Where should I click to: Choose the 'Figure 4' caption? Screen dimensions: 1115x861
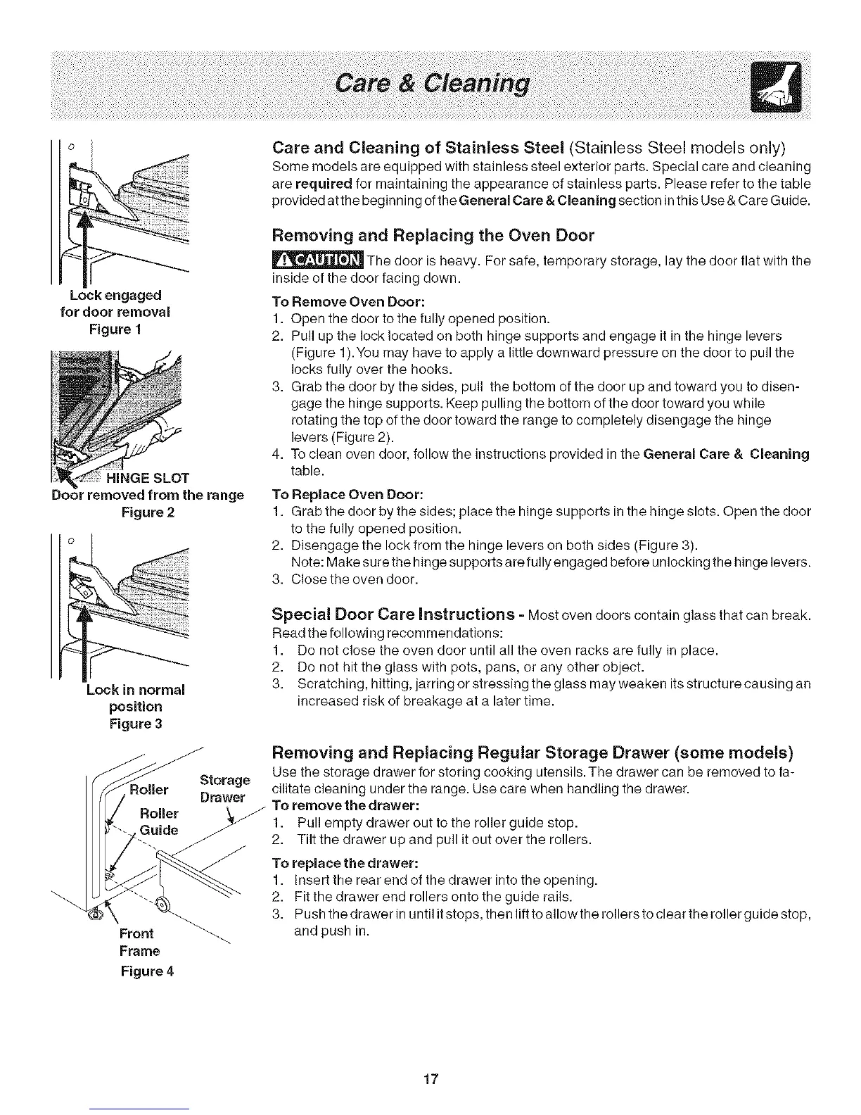click(146, 971)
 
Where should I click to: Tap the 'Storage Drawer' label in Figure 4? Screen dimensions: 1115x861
click(224, 788)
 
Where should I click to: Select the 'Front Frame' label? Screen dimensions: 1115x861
click(139, 943)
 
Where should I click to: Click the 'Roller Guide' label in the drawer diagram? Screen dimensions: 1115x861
click(158, 821)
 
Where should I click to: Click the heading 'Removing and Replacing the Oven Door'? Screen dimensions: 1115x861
click(433, 235)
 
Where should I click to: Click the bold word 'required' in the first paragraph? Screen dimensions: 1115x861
click(324, 184)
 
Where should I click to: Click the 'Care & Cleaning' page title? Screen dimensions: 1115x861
click(431, 84)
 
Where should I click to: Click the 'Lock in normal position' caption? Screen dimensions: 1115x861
click(134, 698)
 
